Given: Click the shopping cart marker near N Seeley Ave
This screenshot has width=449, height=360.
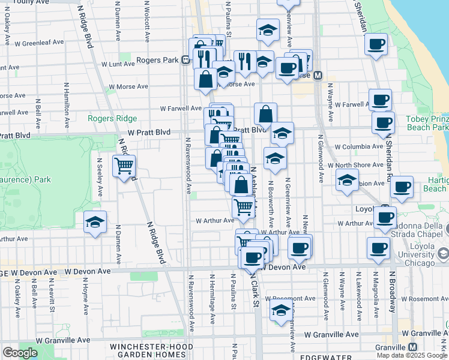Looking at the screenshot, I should tap(124, 165).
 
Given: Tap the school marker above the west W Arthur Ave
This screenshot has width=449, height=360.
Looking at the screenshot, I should tap(95, 221).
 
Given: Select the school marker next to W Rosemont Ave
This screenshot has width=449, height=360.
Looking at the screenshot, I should tap(281, 310).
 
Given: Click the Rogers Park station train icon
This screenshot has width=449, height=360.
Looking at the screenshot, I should tap(187, 60).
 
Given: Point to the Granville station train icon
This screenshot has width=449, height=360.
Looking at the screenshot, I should tap(413, 347).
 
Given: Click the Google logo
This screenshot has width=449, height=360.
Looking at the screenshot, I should tap(20, 353).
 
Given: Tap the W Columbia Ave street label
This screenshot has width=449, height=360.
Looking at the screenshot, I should tap(358, 146).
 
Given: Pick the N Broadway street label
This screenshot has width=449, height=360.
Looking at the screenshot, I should tap(392, 291).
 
